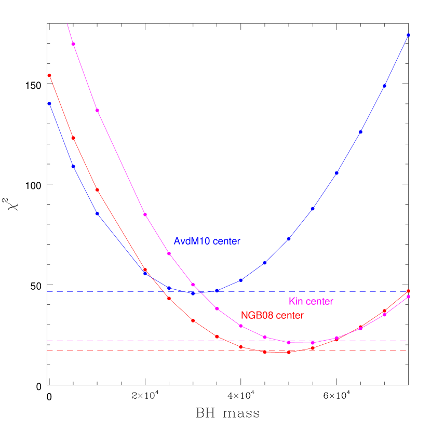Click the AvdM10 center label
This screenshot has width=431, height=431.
click(207, 241)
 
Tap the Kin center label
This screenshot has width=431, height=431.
click(311, 302)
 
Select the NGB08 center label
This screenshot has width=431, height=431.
click(272, 316)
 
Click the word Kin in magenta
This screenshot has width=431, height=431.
click(295, 302)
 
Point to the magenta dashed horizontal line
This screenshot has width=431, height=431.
click(156, 341)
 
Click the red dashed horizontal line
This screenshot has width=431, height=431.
click(156, 351)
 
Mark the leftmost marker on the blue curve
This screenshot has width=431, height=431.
click(49, 103)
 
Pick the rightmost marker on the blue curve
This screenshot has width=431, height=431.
click(409, 35)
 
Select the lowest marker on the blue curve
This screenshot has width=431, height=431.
click(193, 293)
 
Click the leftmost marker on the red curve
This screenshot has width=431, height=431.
click(49, 75)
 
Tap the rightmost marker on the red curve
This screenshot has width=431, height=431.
click(409, 291)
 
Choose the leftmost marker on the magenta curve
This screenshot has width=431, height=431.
click(73, 44)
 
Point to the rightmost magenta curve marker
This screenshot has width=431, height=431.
click(409, 297)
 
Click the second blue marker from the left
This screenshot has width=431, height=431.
click(73, 166)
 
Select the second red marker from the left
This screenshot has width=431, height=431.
click(73, 138)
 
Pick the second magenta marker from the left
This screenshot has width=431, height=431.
click(97, 110)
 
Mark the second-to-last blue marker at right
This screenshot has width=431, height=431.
click(385, 86)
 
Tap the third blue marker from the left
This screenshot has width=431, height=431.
click(97, 213)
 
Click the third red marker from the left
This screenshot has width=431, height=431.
click(97, 190)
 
